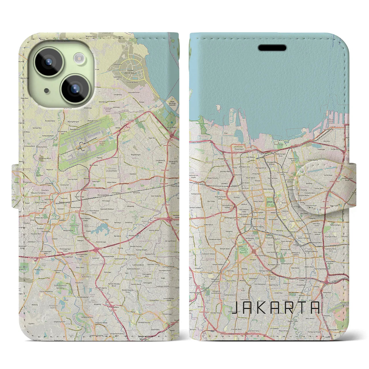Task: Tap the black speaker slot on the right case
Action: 272,48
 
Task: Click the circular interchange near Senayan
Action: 254,252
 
